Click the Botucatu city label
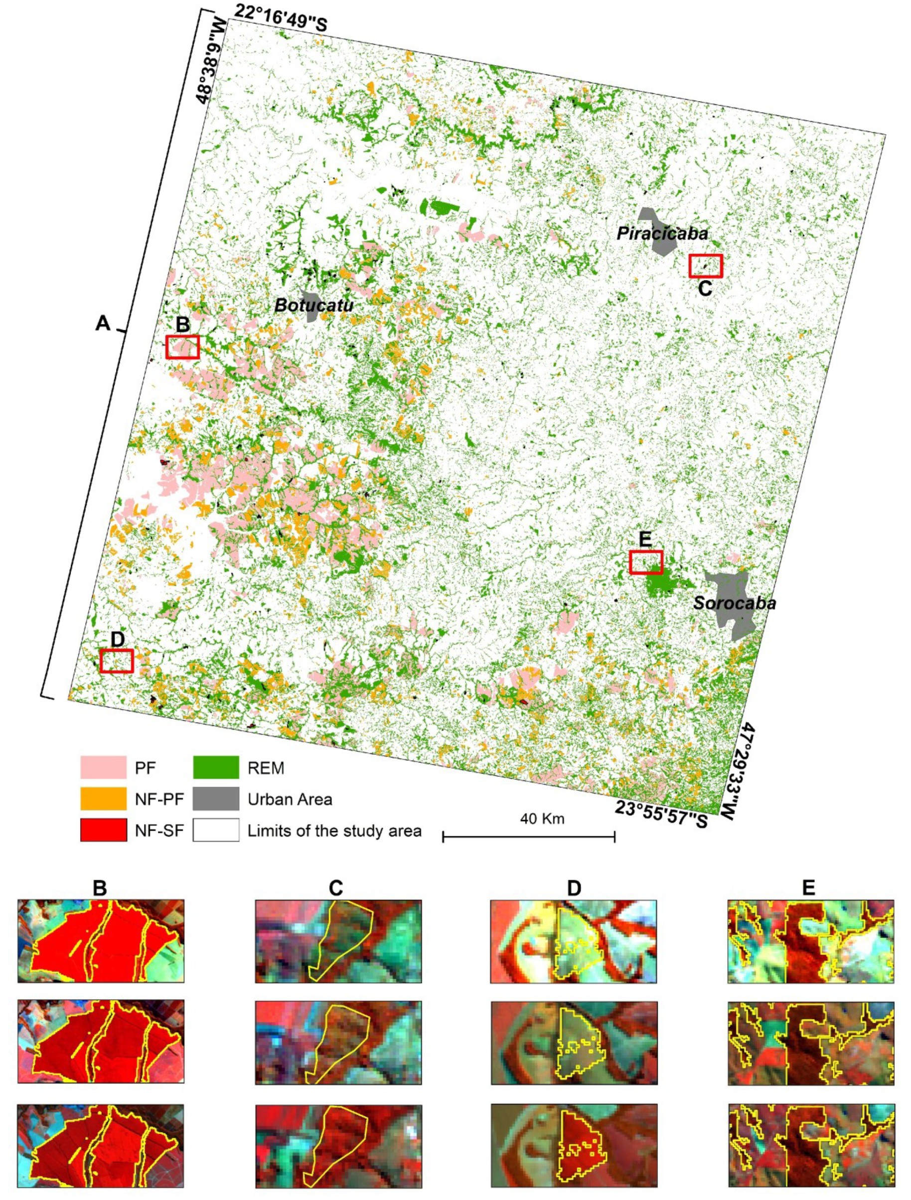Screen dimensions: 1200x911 313,305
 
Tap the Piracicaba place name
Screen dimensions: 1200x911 662,233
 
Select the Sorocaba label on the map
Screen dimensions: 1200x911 735,603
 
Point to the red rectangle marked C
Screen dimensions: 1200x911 706,266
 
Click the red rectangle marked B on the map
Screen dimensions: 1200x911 182,346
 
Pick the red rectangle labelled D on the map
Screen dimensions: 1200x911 117,661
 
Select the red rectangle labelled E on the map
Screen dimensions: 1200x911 646,562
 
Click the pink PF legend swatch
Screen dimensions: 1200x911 103,768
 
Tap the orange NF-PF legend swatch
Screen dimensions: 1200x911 103,799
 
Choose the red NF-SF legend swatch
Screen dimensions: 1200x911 103,830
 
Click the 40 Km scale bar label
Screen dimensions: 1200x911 542,819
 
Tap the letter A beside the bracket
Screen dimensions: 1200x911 103,324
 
